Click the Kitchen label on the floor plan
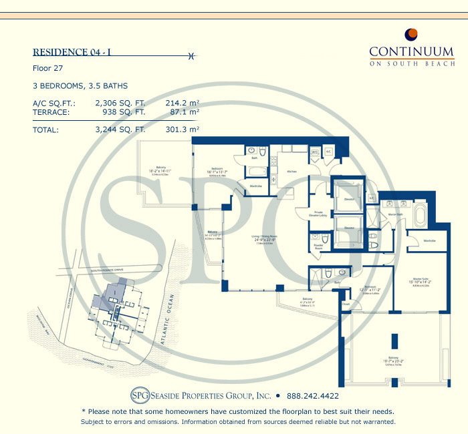(x=291, y=172)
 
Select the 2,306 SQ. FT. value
(x=120, y=103)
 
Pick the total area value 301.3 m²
(x=183, y=130)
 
